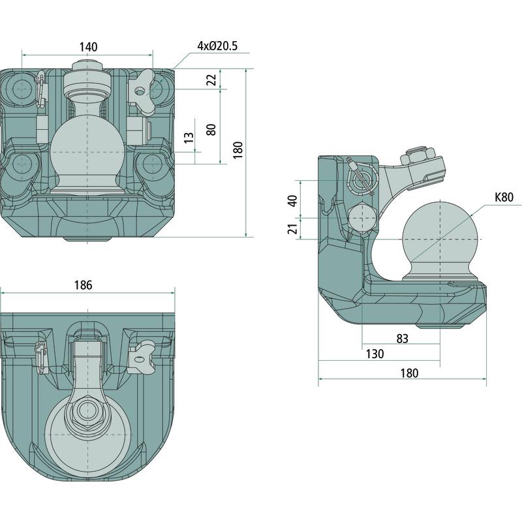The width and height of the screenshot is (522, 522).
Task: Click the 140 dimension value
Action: point(88,46)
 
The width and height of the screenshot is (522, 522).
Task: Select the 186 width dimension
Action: point(83,285)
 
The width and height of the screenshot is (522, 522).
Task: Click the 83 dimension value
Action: point(402,338)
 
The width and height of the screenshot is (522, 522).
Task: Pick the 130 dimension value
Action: point(375,354)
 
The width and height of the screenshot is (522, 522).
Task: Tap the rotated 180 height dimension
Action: point(238,150)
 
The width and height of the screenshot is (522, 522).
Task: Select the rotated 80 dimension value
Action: point(211,128)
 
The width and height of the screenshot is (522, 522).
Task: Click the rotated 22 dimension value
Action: point(211,80)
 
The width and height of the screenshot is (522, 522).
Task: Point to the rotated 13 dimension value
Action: point(189,138)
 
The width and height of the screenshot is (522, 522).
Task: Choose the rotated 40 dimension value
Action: point(292,201)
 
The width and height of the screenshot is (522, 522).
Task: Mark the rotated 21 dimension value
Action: point(292,228)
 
